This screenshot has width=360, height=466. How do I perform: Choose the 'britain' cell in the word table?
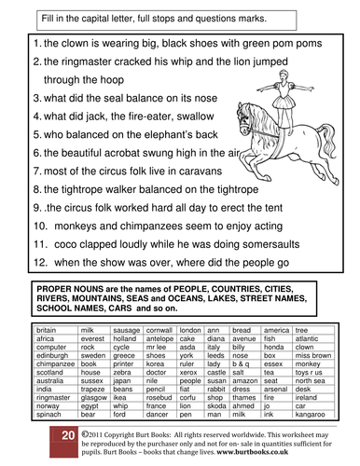(x=46, y=329)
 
